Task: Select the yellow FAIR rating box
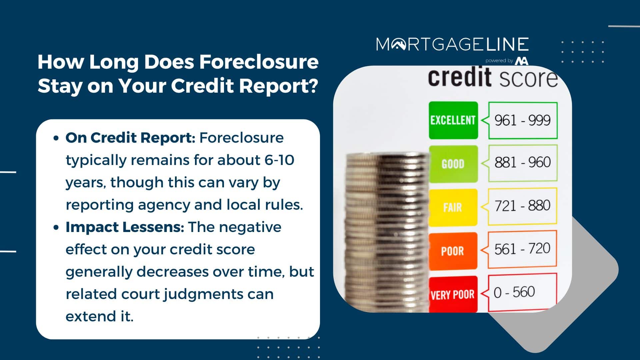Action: pos(453,207)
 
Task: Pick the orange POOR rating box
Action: pos(453,251)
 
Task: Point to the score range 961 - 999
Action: pos(522,120)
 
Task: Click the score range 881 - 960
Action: pos(522,162)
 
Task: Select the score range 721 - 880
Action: pos(522,206)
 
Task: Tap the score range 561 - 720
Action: pos(522,249)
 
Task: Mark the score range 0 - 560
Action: pos(514,292)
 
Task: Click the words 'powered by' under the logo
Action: pos(499,61)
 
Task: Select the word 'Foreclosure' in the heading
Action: pos(259,62)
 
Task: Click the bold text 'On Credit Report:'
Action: pos(130,138)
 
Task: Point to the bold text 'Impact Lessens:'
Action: pos(125,227)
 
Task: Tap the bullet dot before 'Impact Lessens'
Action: pos(56,228)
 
